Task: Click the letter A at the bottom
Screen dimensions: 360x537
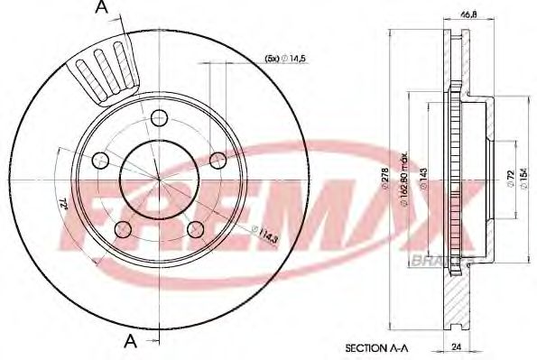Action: [130, 340]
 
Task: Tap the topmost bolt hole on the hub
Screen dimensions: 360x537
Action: [160, 117]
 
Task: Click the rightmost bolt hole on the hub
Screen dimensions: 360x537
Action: [218, 160]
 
